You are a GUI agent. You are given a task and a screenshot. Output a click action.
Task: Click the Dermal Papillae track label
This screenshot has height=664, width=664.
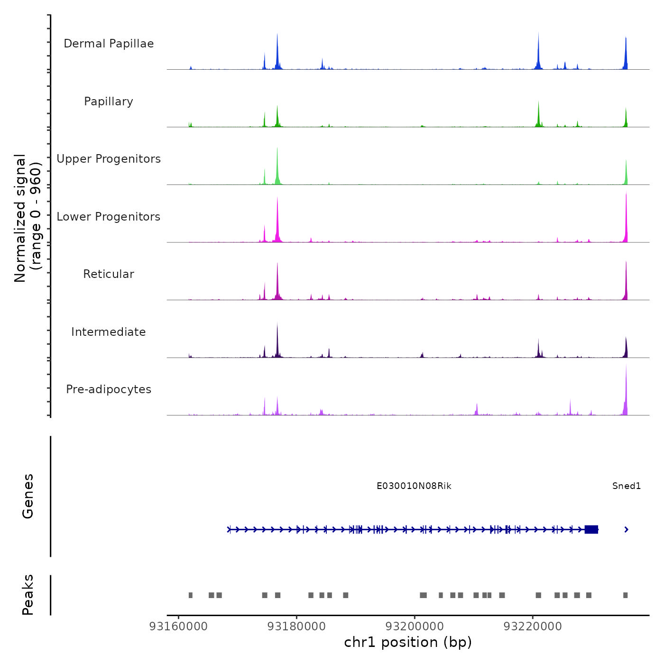pyautogui.click(x=109, y=44)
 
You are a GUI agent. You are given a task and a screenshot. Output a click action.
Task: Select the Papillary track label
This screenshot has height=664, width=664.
pyautogui.click(x=109, y=101)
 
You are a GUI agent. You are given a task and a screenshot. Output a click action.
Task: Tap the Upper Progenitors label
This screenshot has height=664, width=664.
pyautogui.click(x=109, y=159)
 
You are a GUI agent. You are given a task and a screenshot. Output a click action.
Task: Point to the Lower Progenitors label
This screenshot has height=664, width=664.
pyautogui.click(x=109, y=217)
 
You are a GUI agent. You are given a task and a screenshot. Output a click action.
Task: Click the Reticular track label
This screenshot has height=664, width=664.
pyautogui.click(x=109, y=274)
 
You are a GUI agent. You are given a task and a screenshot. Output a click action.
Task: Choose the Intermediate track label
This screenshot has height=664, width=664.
pyautogui.click(x=109, y=332)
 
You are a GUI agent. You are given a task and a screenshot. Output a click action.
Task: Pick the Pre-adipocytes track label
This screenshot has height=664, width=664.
pyautogui.click(x=109, y=389)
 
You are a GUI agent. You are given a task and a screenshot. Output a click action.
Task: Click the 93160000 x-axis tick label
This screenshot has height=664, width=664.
pyautogui.click(x=178, y=627)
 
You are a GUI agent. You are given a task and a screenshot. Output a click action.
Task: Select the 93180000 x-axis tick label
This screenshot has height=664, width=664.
pyautogui.click(x=296, y=627)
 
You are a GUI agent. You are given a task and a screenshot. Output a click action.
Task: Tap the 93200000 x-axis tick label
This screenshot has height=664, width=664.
pyautogui.click(x=415, y=627)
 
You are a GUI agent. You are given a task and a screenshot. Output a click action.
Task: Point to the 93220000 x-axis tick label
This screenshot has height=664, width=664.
pyautogui.click(x=533, y=627)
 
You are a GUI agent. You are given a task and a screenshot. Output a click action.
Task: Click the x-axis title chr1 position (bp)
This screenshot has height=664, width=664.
pyautogui.click(x=408, y=643)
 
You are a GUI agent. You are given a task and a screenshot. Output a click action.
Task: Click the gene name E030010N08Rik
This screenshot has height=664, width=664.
pyautogui.click(x=414, y=486)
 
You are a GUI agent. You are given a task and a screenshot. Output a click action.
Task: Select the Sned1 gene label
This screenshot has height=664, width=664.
pyautogui.click(x=627, y=486)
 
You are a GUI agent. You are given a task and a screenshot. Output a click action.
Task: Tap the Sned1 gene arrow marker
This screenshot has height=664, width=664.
pyautogui.click(x=627, y=529)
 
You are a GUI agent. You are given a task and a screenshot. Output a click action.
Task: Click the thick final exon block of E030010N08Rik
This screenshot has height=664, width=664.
pyautogui.click(x=591, y=529)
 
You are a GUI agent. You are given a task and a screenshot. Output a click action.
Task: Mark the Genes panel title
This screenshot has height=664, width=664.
pyautogui.click(x=28, y=496)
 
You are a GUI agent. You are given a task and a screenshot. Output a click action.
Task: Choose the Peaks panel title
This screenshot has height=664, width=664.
pyautogui.click(x=28, y=595)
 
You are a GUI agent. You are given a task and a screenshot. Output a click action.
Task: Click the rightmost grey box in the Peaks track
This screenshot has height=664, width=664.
pyautogui.click(x=626, y=595)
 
